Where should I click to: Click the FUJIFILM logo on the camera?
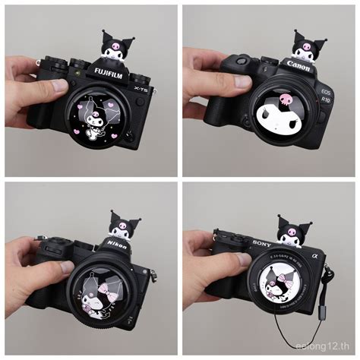pos(107,72)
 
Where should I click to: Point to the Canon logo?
pos(298,66)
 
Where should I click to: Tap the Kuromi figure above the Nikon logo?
pos(125,224)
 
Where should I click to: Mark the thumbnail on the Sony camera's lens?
pos(242,259)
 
